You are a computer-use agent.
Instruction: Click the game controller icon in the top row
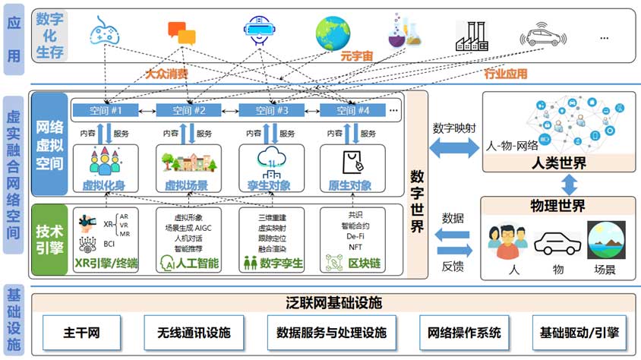pyautogui.click(x=103, y=33)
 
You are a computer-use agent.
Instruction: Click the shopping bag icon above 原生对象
pyautogui.click(x=351, y=160)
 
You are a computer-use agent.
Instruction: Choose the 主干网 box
pyautogui.click(x=81, y=333)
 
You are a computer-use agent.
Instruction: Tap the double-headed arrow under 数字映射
pyautogui.click(x=454, y=150)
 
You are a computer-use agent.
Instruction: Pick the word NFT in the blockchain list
pyautogui.click(x=355, y=246)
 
